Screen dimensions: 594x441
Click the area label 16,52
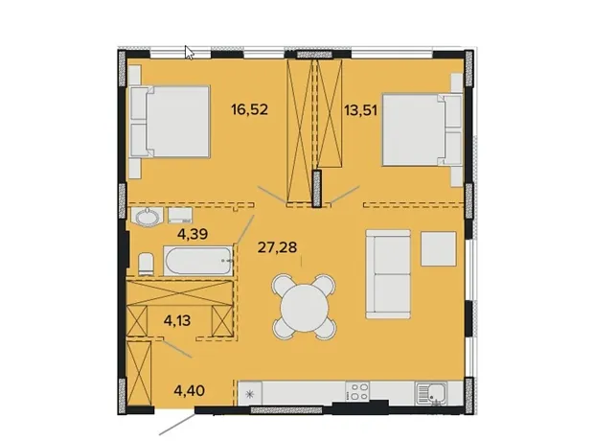pos(250,109)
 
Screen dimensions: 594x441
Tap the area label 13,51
pos(360,110)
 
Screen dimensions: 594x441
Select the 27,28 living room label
pos(277,247)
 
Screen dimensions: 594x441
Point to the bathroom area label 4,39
pos(193,234)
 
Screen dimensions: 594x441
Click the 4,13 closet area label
pos(177,321)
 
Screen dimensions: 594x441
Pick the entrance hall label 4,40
pos(190,390)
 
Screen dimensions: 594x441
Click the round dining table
pos(304,307)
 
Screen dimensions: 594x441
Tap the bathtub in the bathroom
pos(198,261)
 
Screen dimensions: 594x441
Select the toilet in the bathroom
pos(146,264)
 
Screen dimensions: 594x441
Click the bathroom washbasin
pos(147,218)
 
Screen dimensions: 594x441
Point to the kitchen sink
pos(431,393)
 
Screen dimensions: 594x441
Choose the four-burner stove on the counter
pos(358,391)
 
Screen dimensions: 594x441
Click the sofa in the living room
pos(388,274)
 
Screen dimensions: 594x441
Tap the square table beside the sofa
pos(438,248)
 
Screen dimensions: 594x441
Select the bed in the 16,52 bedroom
pos(170,122)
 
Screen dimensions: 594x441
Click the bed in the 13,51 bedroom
pos(423,130)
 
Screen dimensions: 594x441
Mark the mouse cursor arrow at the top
pos(189,53)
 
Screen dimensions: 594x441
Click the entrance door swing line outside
pos(177,424)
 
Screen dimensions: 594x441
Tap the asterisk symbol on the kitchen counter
pos(250,394)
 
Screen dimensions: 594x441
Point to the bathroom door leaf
pos(246,229)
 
